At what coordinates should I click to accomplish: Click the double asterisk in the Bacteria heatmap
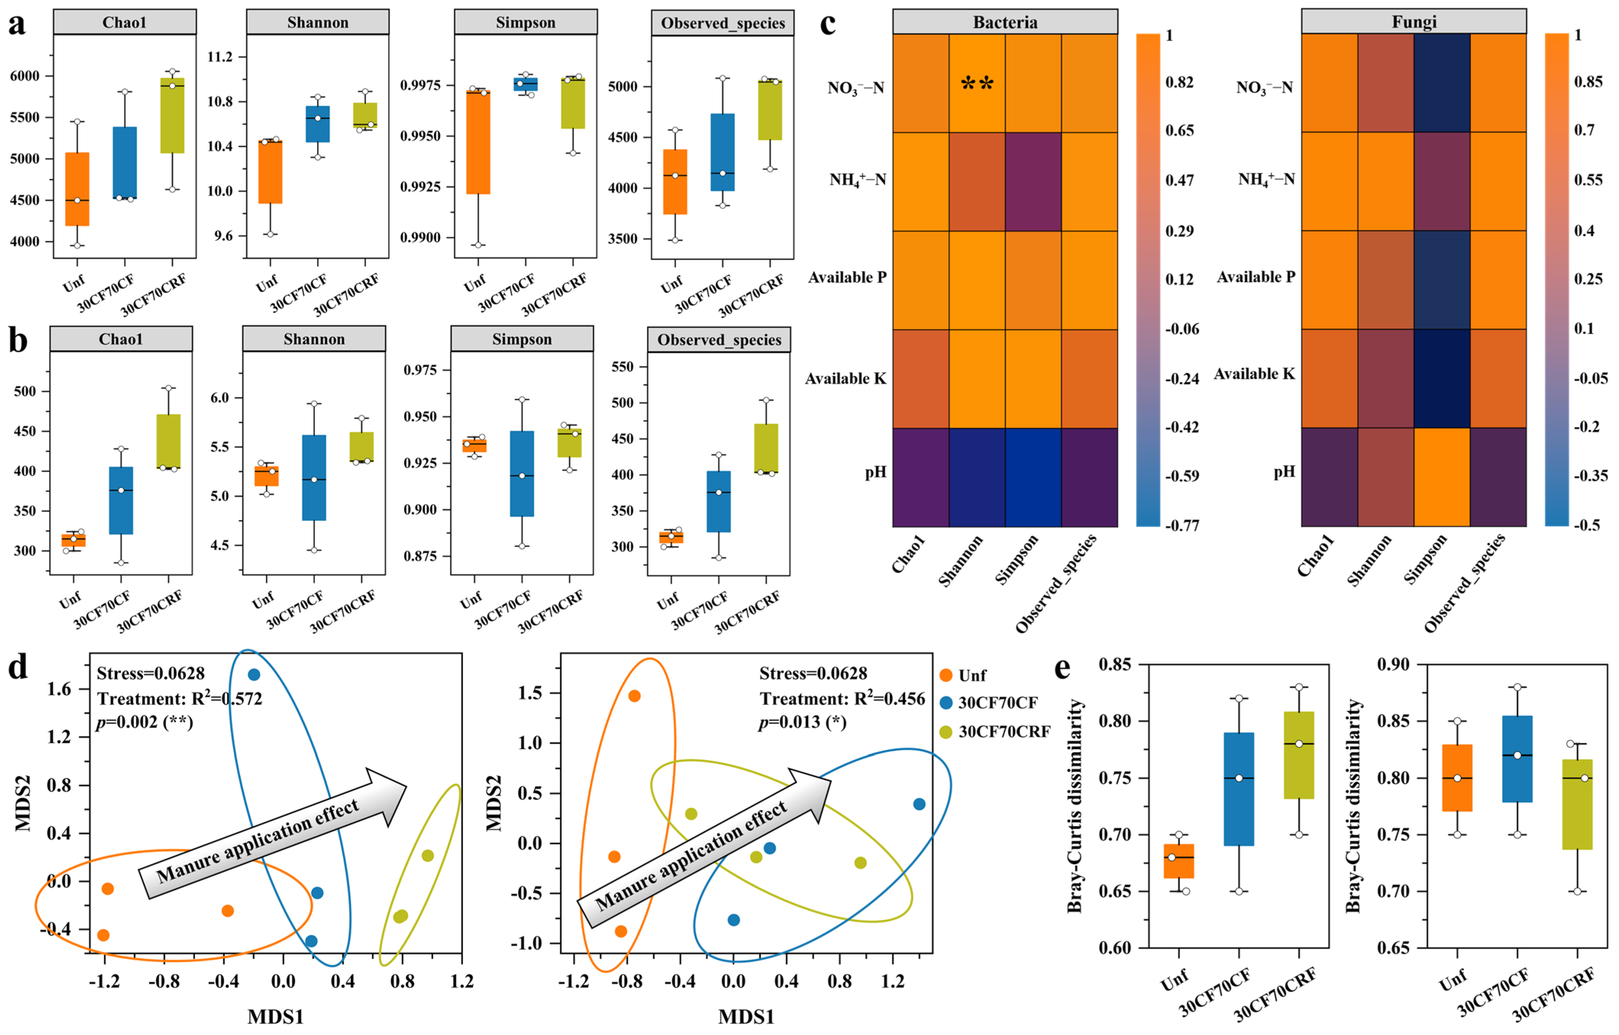pyautogui.click(x=977, y=84)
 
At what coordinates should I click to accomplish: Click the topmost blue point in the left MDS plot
pyautogui.click(x=253, y=674)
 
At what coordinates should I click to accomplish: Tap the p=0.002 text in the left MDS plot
pyautogui.click(x=145, y=722)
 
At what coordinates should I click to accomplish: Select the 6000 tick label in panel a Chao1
pyautogui.click(x=25, y=76)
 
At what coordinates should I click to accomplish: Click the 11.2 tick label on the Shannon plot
pyautogui.click(x=220, y=57)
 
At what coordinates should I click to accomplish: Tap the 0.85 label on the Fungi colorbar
pyautogui.click(x=1588, y=82)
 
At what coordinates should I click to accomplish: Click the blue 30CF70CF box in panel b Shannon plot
pyautogui.click(x=314, y=477)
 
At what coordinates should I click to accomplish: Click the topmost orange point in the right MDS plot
pyautogui.click(x=634, y=696)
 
